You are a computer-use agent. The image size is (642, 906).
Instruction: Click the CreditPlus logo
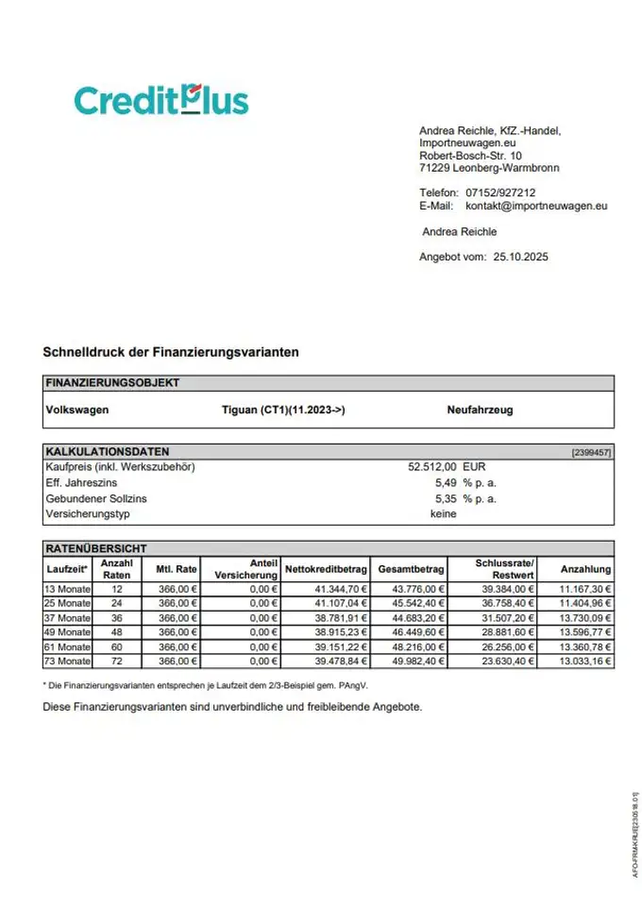(160, 100)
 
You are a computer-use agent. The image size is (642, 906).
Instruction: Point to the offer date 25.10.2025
(520, 257)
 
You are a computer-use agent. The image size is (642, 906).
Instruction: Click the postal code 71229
(433, 168)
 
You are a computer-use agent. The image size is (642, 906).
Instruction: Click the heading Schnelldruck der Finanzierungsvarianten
(171, 352)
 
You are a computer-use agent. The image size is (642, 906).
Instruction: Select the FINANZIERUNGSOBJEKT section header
(112, 383)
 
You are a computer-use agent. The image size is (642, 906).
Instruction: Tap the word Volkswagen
(77, 410)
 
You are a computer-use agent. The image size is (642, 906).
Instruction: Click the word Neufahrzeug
(480, 410)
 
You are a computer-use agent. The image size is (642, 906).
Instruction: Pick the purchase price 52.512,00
(431, 466)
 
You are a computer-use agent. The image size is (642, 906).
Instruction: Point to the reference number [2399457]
(591, 453)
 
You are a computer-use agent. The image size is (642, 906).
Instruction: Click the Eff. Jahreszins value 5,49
(446, 482)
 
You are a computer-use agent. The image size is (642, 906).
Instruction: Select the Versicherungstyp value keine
(443, 513)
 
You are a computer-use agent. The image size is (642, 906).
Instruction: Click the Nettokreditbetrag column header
(327, 569)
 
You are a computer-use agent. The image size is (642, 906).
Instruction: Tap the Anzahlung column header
(585, 569)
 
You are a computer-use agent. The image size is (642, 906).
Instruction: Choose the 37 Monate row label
(68, 617)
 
